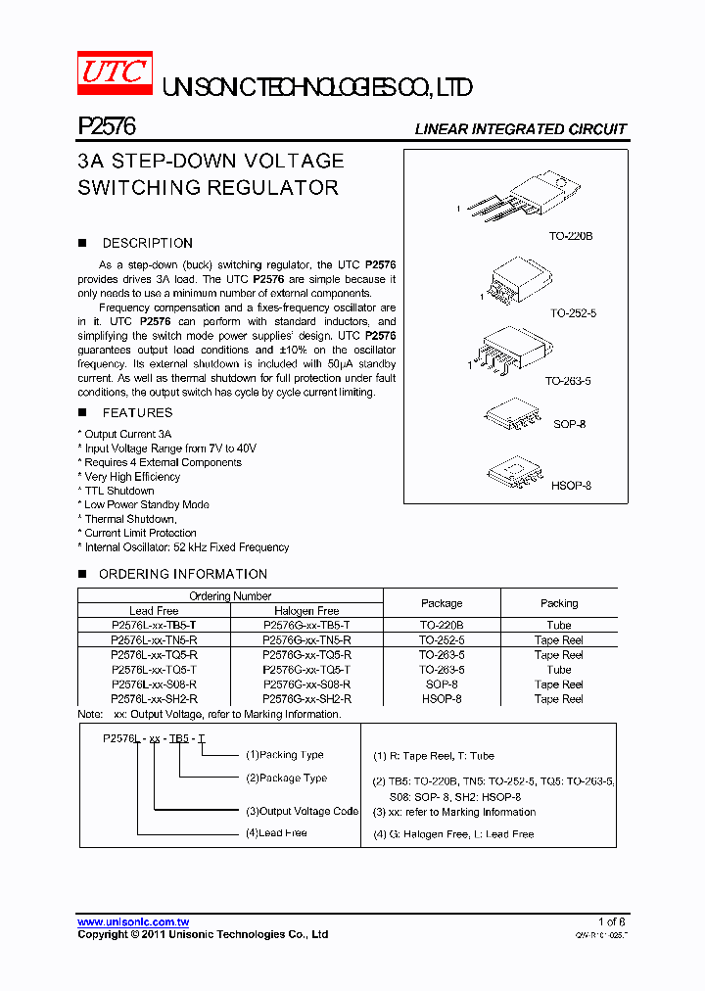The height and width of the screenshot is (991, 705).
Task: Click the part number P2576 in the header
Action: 106,126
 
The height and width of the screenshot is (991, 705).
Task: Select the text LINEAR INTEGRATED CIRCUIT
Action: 520,129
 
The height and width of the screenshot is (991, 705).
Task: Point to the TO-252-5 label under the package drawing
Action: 573,313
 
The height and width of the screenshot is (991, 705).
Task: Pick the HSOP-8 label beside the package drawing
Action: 571,486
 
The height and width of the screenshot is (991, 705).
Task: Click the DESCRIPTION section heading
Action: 147,243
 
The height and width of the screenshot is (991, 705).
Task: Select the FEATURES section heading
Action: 137,413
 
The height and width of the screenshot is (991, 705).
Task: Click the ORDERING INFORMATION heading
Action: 183,574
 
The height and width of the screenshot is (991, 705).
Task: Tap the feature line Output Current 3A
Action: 127,434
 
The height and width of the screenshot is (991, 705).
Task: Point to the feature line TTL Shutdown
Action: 118,491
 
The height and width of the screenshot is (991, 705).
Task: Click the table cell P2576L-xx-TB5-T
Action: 154,625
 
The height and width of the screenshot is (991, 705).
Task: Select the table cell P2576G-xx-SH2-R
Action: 306,699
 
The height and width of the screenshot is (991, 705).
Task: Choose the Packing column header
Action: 559,603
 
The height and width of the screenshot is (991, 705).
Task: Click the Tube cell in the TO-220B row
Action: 559,625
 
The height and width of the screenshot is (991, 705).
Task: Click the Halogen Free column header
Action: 306,610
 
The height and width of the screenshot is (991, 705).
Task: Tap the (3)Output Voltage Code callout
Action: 302,811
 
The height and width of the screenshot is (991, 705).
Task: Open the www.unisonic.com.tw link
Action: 133,922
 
